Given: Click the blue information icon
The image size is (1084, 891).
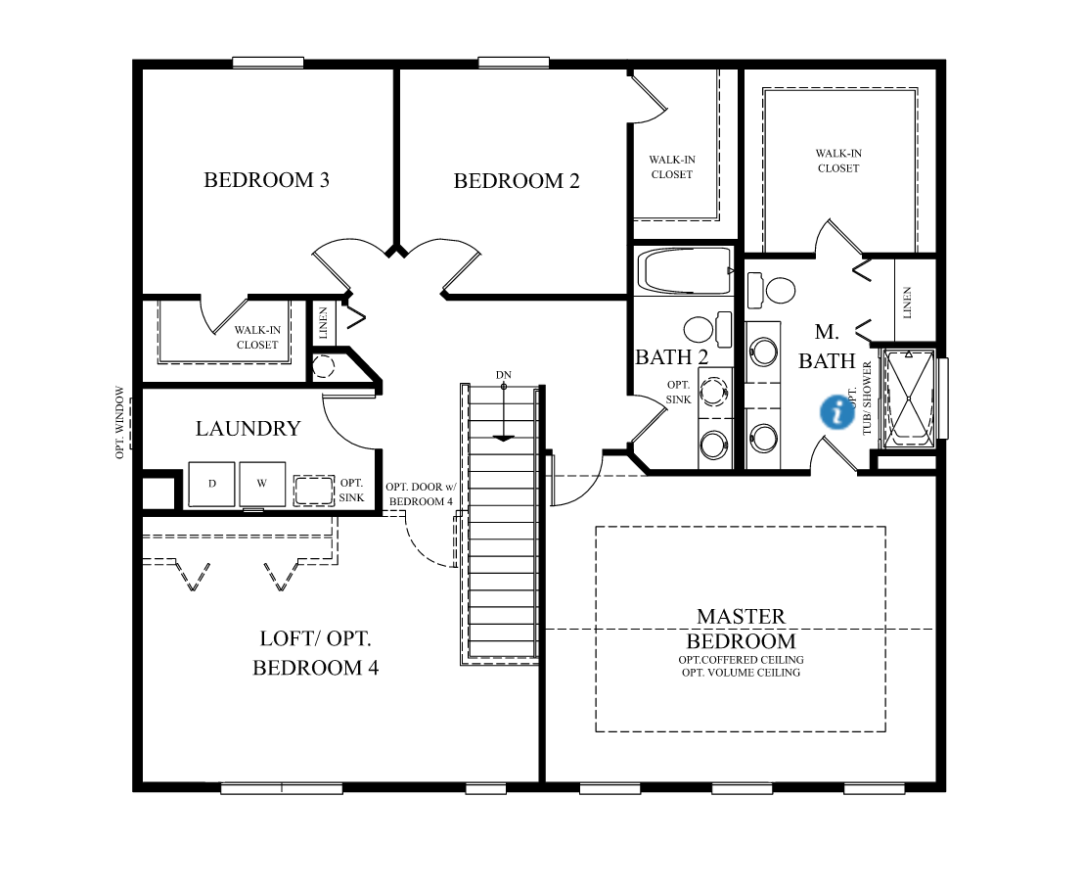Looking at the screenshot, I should pos(836,411).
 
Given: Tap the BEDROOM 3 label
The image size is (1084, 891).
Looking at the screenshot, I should pos(266,180).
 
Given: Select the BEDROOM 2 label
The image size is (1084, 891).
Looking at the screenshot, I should pos(517,181).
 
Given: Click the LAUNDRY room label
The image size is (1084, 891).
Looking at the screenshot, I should pos(248,429).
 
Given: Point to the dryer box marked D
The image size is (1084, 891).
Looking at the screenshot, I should pos(211,485).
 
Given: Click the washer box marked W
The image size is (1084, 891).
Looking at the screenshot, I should pos(262,485).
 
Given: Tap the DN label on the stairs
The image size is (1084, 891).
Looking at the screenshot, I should pos(503,375).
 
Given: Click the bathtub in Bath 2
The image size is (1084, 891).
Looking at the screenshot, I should pos(684,271).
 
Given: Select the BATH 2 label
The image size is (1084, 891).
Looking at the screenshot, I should pos(671,357).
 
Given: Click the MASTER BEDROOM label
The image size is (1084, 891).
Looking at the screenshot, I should pos(741,629).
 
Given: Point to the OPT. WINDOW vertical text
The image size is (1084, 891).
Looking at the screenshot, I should pos(120,422).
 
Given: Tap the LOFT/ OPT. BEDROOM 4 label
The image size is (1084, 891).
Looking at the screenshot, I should pos(315,653).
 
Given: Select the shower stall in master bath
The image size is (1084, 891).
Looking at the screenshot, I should pos(908,398).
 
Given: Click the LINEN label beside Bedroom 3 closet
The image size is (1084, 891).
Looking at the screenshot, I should pos(324,324).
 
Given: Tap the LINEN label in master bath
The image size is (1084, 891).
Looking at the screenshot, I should pos(907,302).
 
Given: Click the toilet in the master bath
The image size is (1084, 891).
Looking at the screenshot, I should pos(773,290).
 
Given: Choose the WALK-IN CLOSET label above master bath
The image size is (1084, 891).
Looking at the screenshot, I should pos(838,161).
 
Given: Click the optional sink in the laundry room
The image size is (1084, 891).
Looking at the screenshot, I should pos(313,490).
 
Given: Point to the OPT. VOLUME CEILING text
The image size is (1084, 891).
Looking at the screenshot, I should pos(741,673).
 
